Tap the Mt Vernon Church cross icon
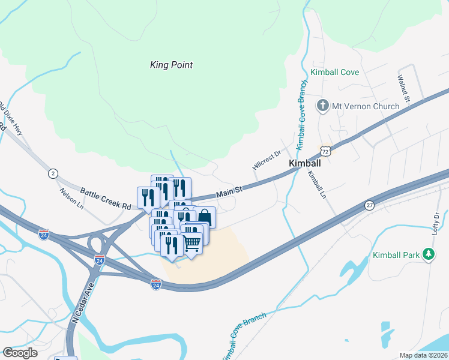(323, 106)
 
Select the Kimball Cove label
(335, 73)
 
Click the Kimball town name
(305, 163)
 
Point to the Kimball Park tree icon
(429, 255)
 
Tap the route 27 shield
(370, 205)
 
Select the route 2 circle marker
(53, 173)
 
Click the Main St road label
(229, 192)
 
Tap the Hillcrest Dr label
(267, 160)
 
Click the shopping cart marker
(191, 243)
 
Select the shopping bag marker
(205, 217)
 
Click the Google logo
(20, 353)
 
